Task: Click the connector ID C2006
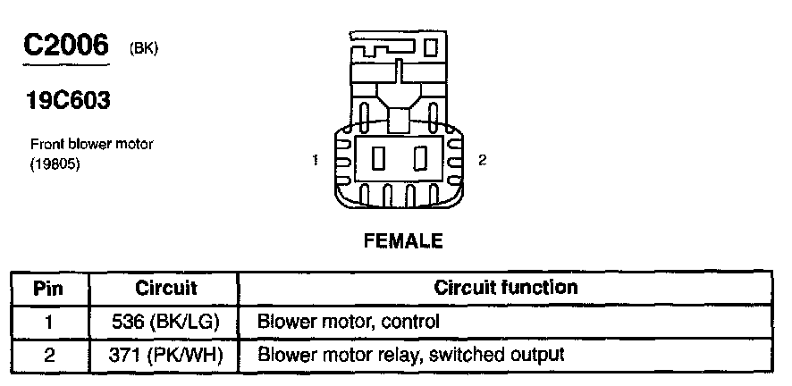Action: tap(65, 47)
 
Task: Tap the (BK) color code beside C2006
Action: tap(144, 50)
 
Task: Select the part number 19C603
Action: tap(68, 101)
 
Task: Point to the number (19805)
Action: tap(55, 163)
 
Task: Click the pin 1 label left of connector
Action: tap(316, 161)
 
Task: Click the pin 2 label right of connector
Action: tap(483, 161)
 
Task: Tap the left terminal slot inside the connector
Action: tap(377, 160)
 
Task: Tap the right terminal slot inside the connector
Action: tap(418, 160)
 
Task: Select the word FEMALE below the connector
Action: tap(401, 240)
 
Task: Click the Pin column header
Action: tap(49, 288)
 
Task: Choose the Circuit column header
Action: tap(166, 288)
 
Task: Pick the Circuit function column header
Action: tap(505, 288)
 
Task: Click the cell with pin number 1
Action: tap(49, 321)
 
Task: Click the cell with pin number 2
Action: tap(49, 355)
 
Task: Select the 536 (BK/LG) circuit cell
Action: tap(166, 321)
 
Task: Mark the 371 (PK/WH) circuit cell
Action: tap(166, 355)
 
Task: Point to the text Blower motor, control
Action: tap(348, 321)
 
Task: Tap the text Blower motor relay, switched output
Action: tap(410, 355)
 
